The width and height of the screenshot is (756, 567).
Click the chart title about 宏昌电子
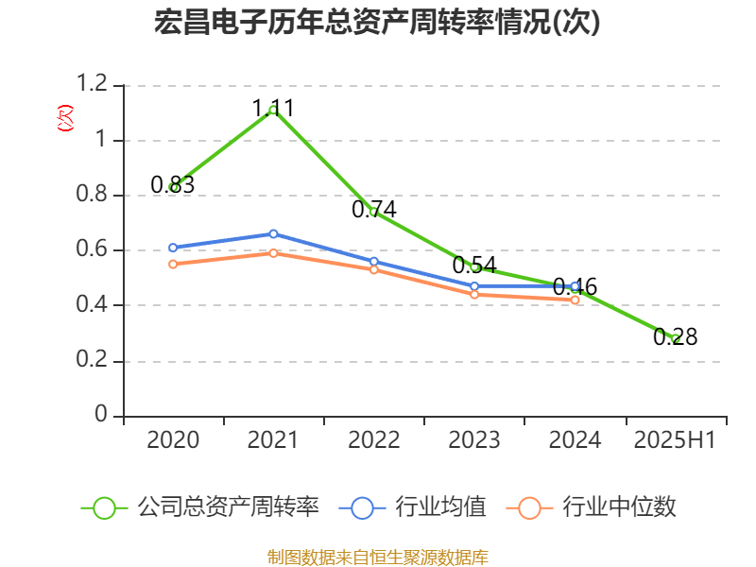pos(377,23)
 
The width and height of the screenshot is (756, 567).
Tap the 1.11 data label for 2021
pos(273,108)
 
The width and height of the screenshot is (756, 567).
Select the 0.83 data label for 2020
pos(173,185)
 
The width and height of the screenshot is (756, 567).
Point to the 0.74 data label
pos(374,210)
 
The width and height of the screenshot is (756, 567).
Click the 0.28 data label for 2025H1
pos(675,336)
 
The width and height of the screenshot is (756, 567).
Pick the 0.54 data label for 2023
pos(474,266)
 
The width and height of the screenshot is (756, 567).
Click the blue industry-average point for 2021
pos(273,233)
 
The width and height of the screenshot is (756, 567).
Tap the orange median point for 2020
pos(173,265)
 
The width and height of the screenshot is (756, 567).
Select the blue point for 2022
pos(374,262)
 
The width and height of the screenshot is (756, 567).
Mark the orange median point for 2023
pos(474,295)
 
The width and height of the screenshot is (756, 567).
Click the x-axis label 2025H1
pos(675,440)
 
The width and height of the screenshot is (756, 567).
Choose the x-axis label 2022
pos(374,440)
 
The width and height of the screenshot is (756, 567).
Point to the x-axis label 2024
pos(575,440)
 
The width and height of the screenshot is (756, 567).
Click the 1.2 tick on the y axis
pos(94,85)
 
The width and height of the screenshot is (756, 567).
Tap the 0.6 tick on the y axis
pos(94,250)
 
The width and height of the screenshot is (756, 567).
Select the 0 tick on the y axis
pos(102,416)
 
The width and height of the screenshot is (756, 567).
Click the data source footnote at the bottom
pos(377,557)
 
